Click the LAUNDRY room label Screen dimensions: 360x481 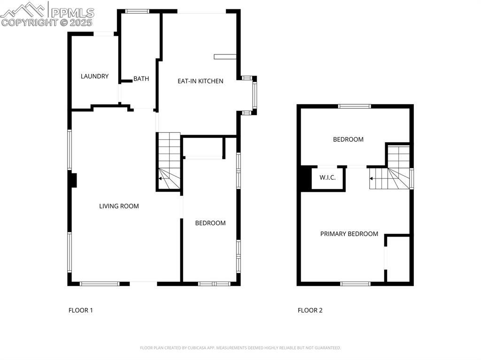94,77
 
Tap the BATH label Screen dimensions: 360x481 141,79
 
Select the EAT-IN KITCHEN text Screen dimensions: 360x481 200,81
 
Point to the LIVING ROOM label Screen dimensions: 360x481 119,206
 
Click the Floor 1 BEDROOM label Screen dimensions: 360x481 210,223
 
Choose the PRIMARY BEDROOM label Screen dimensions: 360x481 349,234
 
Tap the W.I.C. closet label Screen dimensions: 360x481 327,178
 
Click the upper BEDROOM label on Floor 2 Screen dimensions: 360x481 348,139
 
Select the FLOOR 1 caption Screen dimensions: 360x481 81,310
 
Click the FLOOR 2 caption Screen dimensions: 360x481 310,310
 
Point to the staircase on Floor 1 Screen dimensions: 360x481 169,161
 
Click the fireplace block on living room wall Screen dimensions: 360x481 73,180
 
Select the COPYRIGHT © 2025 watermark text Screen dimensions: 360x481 47,22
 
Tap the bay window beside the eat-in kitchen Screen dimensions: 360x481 254,95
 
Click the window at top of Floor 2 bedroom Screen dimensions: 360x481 355,106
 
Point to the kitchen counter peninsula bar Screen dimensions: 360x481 225,57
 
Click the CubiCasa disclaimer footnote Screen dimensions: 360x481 240,348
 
